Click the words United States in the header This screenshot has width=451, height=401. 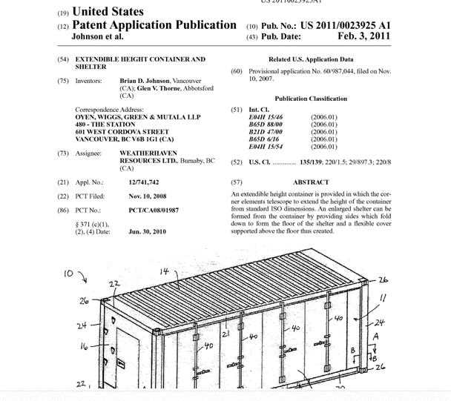110,13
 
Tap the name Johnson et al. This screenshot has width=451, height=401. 97,36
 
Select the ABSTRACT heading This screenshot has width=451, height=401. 311,182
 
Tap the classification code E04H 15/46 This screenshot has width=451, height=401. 264,117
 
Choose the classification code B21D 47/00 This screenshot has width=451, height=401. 264,130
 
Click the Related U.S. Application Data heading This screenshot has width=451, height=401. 311,59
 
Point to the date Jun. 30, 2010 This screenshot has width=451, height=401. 147,232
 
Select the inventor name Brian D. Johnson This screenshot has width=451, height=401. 143,79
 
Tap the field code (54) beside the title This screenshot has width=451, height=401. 63,59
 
